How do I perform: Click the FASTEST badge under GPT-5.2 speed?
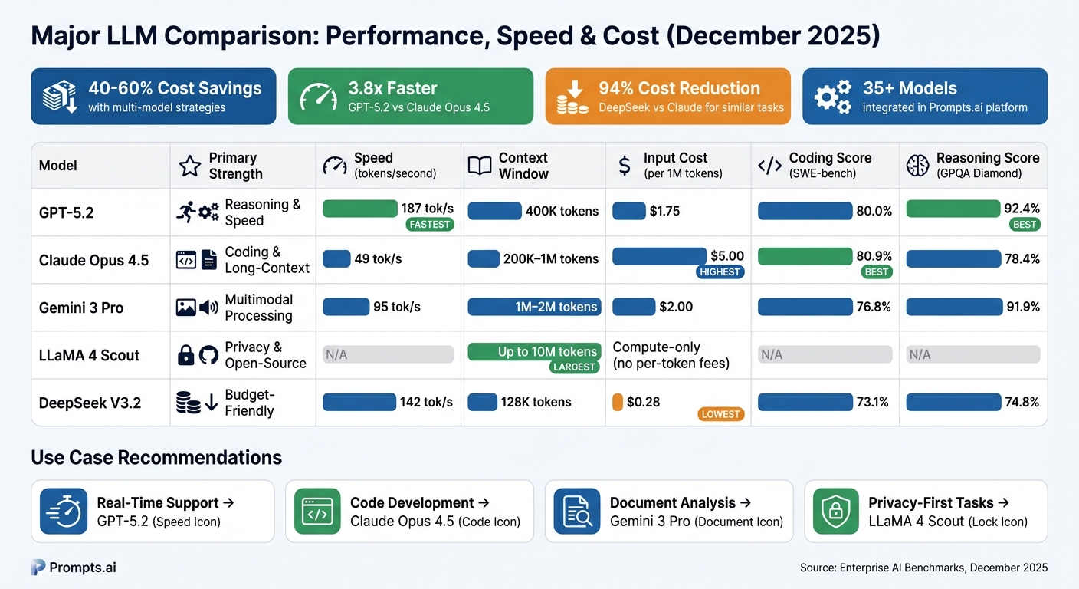click(430, 225)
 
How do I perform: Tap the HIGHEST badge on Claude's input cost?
click(720, 271)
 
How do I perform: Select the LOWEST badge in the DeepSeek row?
click(720, 414)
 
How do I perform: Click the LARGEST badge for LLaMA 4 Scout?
click(575, 367)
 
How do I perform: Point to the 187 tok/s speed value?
click(427, 209)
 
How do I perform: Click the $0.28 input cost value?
click(643, 402)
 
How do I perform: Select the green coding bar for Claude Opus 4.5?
click(805, 256)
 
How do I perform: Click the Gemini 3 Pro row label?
click(81, 308)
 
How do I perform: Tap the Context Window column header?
click(523, 166)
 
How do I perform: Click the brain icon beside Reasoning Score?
click(917, 166)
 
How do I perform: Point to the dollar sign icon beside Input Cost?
click(625, 166)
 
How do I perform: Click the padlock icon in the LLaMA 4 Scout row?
click(185, 355)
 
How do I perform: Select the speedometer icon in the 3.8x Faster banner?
click(318, 96)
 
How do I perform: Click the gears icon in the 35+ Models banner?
click(832, 97)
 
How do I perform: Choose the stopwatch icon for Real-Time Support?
click(63, 512)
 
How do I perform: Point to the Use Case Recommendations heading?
click(156, 458)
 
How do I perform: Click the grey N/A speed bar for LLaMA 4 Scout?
click(388, 354)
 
